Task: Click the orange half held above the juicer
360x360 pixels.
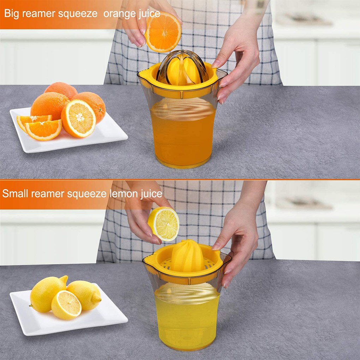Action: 163,32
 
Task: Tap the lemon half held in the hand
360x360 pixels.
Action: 164,223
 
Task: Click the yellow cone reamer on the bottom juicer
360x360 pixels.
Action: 187,256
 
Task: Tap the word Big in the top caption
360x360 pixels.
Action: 11,14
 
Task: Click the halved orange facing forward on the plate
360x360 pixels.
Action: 78,119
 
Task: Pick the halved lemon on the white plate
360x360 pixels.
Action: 66,305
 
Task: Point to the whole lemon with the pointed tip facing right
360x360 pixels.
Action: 85,295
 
